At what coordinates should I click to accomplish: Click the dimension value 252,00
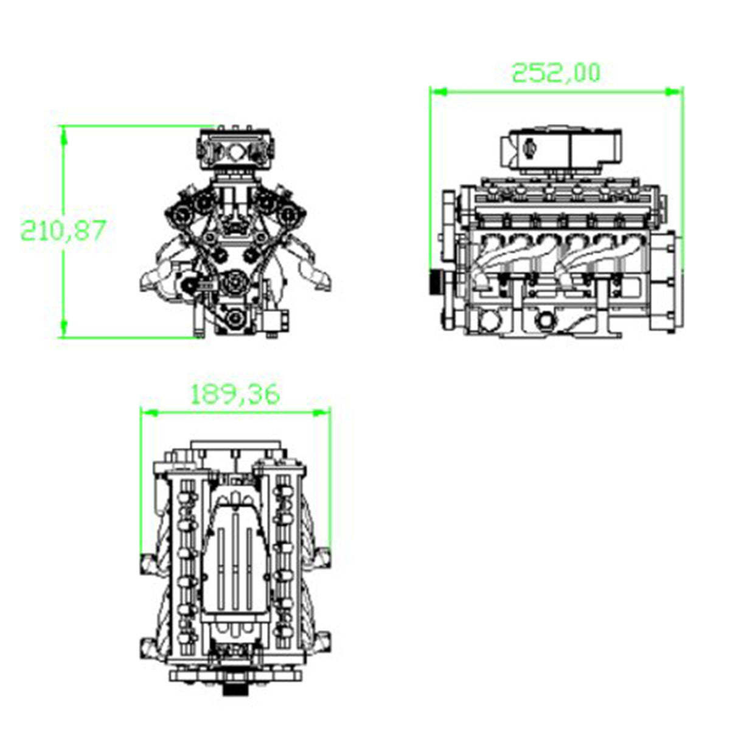(555, 72)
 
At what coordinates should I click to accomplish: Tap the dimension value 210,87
(64, 231)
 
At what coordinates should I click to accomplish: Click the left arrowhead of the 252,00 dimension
(438, 92)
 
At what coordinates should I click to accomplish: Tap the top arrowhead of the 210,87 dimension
(63, 134)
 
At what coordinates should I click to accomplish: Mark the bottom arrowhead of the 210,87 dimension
(63, 328)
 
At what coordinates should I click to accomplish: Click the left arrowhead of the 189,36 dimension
(149, 412)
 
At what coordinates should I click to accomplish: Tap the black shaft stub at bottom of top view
(235, 689)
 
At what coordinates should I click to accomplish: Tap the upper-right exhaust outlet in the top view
(322, 557)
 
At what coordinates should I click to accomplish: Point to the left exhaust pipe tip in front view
(149, 281)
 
